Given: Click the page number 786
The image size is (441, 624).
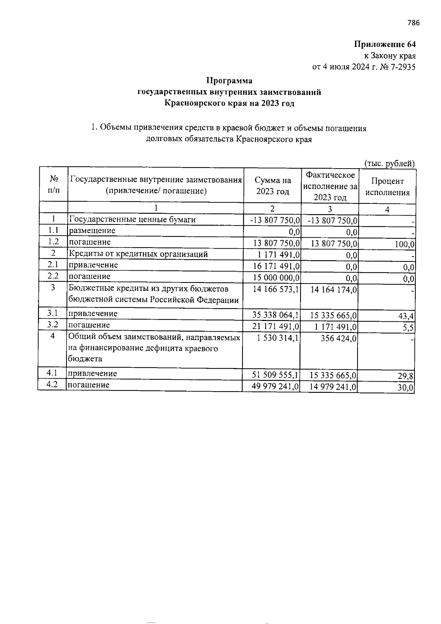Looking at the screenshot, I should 413,23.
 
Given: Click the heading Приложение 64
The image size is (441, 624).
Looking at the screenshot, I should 385,44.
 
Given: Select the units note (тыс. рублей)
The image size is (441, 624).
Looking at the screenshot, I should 389,163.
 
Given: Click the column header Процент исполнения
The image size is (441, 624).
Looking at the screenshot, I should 387,187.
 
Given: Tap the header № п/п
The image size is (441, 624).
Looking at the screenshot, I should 54,184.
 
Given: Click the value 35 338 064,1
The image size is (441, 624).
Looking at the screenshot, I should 276,315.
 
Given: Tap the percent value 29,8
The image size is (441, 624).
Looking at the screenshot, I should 407,376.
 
